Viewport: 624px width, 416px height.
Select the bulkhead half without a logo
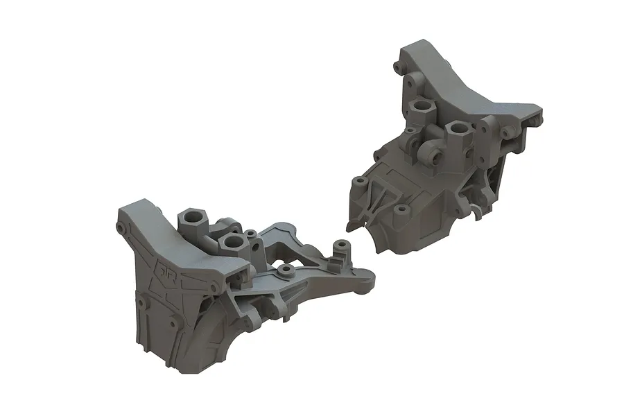tap(444, 159)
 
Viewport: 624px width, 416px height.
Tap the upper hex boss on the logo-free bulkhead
tap(421, 107)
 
